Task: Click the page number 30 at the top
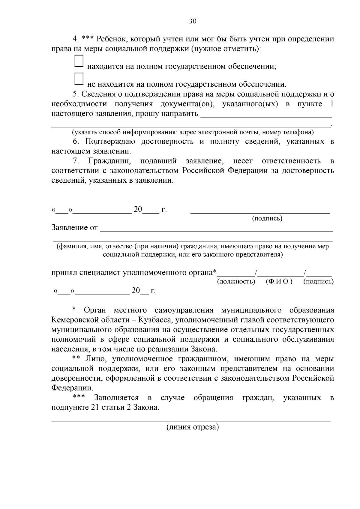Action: point(193,21)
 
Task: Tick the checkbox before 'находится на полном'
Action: point(79,61)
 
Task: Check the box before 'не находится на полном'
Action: point(79,79)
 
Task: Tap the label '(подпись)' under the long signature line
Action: point(267,218)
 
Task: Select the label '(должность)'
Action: point(236,282)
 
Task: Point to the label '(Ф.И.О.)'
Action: point(279,282)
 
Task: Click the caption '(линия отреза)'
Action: point(193,427)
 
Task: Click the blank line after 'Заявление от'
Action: point(216,229)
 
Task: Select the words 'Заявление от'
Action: point(74,228)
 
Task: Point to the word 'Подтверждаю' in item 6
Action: point(110,142)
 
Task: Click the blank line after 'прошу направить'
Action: point(266,115)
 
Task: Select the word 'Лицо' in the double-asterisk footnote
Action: point(94,359)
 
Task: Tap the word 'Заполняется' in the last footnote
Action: point(116,398)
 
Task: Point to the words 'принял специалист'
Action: point(86,273)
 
